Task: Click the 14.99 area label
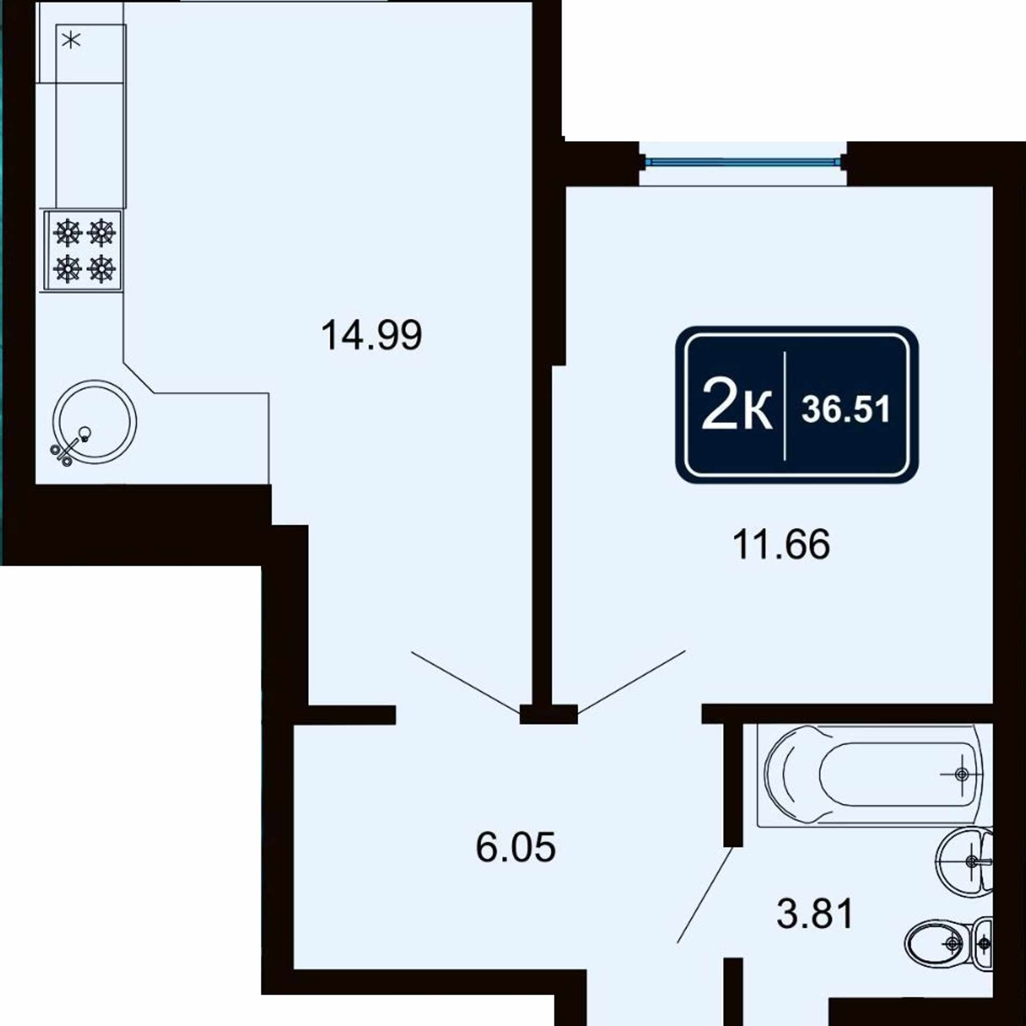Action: click(x=371, y=335)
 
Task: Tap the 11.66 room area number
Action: click(x=781, y=545)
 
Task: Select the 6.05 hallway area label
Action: click(x=516, y=847)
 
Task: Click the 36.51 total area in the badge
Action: click(x=845, y=409)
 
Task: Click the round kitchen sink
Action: click(x=94, y=422)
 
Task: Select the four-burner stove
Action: click(x=83, y=250)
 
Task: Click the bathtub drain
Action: click(x=961, y=774)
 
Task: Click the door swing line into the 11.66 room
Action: click(x=631, y=682)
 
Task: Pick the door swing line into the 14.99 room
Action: click(x=466, y=682)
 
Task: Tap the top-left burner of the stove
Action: click(x=67, y=233)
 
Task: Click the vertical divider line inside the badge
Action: click(x=784, y=406)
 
